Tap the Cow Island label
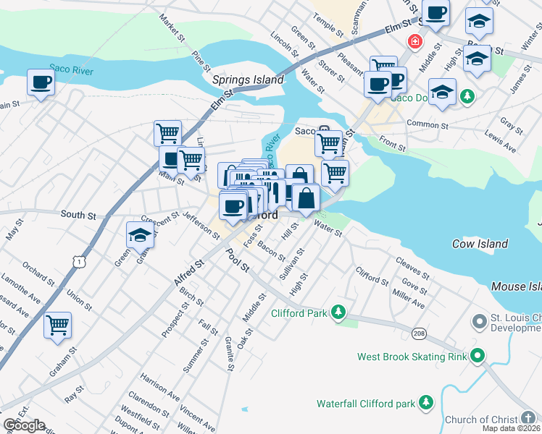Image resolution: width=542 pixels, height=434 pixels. pos(480,244)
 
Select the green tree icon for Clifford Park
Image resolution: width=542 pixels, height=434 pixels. pos(338,313)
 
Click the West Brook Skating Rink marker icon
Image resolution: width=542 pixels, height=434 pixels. pos(476,356)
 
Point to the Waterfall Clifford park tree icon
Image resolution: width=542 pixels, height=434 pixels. pos(426,402)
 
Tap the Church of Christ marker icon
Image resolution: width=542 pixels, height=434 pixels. pos(530,419)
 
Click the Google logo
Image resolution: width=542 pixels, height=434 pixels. pos(23,425)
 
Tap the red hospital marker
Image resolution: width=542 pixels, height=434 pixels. pos(414,41)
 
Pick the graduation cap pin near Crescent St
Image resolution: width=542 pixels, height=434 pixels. pos(140,235)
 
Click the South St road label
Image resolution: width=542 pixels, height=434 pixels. pos(78,215)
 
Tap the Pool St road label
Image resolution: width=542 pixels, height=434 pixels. pos(237,261)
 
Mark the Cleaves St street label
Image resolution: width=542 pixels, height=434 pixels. pos(412,268)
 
